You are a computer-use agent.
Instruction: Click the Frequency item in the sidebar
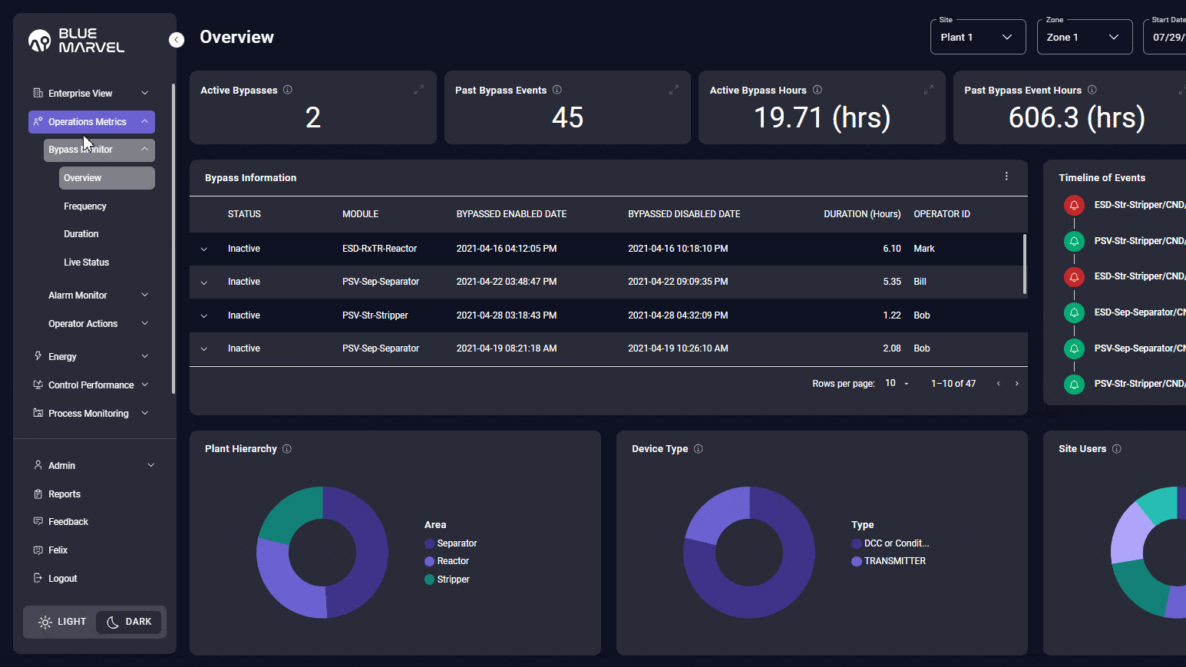(85, 206)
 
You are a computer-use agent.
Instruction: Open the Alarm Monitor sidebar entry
(78, 296)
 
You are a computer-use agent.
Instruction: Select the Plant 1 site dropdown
(977, 37)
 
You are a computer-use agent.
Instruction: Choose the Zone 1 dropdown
(1084, 37)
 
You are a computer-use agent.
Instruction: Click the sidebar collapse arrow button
(177, 40)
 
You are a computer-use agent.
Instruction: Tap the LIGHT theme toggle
(62, 622)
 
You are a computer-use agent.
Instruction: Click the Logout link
(62, 579)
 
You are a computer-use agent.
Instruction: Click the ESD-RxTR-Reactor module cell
(379, 249)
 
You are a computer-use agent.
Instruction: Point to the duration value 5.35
(891, 282)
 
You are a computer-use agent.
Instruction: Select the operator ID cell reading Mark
(923, 249)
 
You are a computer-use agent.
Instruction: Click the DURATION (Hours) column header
(861, 214)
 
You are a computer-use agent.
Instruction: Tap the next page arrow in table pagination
(1017, 384)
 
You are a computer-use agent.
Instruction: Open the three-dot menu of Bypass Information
(1006, 177)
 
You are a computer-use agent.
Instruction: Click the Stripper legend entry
(452, 579)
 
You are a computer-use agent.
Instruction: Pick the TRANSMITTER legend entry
(894, 561)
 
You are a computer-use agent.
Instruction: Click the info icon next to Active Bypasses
(288, 90)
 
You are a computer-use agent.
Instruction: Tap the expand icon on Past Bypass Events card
(673, 90)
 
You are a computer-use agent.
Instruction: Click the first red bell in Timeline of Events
(1074, 205)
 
